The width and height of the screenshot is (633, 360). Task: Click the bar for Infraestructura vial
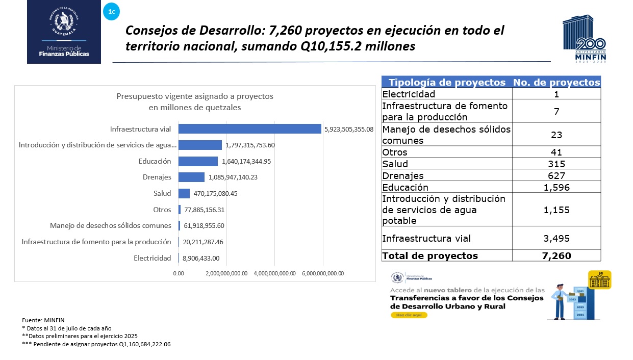pos(249,129)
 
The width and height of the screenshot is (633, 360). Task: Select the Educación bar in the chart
pos(198,161)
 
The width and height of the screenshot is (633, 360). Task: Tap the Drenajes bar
pos(191,177)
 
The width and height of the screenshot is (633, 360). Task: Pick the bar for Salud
pos(184,194)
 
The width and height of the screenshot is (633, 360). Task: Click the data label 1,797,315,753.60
pos(250,145)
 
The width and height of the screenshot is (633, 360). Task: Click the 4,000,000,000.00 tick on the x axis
pos(274,273)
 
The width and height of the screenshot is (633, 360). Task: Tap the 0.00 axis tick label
pos(179,273)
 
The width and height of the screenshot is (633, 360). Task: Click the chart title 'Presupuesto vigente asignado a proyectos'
pos(195,96)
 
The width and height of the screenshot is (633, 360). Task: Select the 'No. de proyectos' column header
pos(556,83)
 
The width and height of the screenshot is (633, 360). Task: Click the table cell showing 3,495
pos(556,238)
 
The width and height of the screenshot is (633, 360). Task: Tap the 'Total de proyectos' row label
pos(430,255)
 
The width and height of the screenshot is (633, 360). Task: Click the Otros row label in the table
pos(395,152)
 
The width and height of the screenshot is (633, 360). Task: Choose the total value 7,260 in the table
pos(556,255)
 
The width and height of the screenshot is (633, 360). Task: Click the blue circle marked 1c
pos(111,12)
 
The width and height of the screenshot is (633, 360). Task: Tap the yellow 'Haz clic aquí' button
pos(409,315)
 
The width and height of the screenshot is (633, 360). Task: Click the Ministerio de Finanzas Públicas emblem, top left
pos(64,32)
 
